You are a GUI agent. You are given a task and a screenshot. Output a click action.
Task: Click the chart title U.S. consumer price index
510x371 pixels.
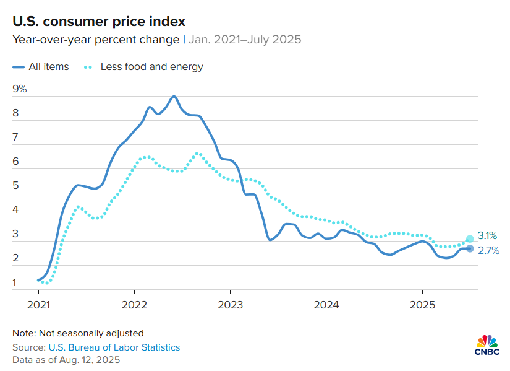(x=99, y=22)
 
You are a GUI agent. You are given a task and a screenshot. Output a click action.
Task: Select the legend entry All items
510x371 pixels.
(x=48, y=66)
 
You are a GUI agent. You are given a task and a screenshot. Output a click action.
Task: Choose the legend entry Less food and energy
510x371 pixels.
(x=151, y=66)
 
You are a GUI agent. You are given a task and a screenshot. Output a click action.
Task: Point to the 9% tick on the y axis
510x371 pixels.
(x=20, y=89)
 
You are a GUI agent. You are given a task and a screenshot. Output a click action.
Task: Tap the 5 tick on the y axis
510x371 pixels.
(x=15, y=186)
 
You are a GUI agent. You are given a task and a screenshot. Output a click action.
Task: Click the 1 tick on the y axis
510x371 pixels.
(x=15, y=283)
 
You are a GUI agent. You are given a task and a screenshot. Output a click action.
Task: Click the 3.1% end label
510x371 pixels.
(x=488, y=236)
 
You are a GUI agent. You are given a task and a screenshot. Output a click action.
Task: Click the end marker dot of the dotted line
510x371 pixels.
(x=470, y=238)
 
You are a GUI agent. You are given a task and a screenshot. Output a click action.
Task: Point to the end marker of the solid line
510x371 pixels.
(x=470, y=248)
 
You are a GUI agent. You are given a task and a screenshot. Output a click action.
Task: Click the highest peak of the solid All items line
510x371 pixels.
(x=174, y=97)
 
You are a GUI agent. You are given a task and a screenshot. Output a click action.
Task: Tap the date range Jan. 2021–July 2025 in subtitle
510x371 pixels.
(x=244, y=40)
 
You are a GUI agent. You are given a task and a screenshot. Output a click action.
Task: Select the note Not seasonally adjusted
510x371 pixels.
(x=78, y=333)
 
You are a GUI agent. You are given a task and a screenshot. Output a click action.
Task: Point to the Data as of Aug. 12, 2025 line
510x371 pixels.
(x=66, y=359)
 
